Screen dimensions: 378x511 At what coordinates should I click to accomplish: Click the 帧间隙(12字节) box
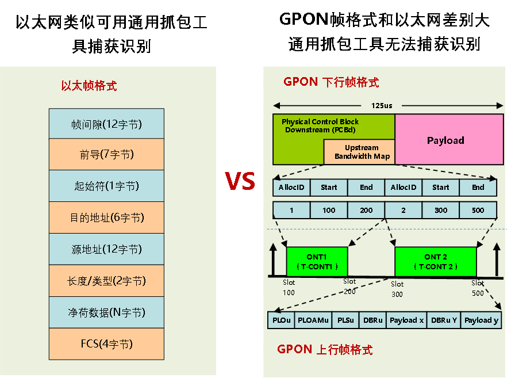(x=106, y=124)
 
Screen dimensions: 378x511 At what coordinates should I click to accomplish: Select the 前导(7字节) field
(x=106, y=154)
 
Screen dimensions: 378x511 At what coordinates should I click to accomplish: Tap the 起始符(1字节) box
(x=106, y=186)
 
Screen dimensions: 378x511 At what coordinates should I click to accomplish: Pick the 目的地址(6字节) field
(x=106, y=217)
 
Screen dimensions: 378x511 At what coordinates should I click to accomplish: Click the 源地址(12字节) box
(x=106, y=249)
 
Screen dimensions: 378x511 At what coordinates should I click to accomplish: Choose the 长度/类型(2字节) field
(x=106, y=281)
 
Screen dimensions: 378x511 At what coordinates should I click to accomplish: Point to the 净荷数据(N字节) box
(x=106, y=312)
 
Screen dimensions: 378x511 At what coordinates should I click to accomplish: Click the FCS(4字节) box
(x=106, y=344)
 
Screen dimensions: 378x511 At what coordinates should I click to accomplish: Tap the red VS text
(x=240, y=181)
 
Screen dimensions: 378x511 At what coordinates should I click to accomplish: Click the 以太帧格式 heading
(x=89, y=86)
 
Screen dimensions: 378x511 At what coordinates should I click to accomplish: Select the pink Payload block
(x=445, y=140)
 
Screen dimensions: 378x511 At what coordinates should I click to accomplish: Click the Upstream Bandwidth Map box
(x=362, y=152)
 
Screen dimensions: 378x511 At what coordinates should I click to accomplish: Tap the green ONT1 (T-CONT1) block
(x=317, y=262)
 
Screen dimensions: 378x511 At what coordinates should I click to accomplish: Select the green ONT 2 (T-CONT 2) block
(x=435, y=262)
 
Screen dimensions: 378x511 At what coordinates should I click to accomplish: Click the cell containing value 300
(x=440, y=210)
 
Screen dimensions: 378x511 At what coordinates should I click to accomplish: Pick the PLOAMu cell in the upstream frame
(x=313, y=320)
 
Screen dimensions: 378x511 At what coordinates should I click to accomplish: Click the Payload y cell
(x=481, y=320)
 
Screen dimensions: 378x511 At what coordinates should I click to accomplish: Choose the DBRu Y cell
(x=444, y=320)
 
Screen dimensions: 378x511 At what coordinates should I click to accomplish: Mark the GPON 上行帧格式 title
(x=325, y=349)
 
